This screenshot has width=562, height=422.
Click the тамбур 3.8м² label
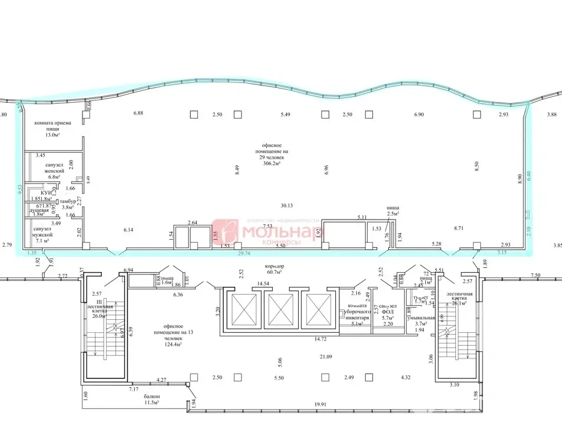(68, 204)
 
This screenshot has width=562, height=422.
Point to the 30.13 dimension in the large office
(287, 206)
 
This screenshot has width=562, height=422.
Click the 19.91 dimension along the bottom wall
(320, 404)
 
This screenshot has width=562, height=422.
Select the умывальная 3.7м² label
(421, 320)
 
